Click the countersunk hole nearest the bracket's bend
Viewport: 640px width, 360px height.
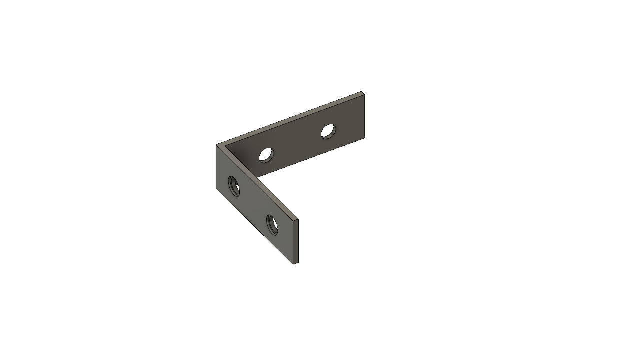pos(234,186)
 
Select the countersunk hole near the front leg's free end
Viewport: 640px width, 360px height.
pos(272,224)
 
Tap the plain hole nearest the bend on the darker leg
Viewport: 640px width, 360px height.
pos(266,155)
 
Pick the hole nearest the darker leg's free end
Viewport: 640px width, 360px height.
pos(328,131)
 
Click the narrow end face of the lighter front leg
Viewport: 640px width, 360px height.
pos(295,241)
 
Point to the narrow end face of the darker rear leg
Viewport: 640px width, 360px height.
pos(363,115)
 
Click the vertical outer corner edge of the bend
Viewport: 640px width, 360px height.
pos(216,167)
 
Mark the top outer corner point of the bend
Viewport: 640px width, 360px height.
pos(216,145)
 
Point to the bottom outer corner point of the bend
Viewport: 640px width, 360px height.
pos(216,188)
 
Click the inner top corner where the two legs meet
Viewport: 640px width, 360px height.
pos(224,147)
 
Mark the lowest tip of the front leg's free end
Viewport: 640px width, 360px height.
pos(293,264)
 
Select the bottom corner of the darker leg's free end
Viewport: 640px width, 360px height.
pos(364,138)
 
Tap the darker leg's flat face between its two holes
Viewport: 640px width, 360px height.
pos(297,144)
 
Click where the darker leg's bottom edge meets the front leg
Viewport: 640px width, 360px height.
pos(259,176)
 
